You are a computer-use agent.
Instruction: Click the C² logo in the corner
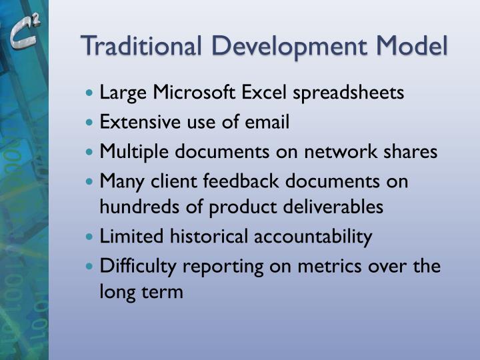pyautogui.click(x=25, y=33)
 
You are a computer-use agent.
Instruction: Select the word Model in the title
pyautogui.click(x=411, y=47)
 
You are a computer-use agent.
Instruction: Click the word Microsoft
pyautogui.click(x=197, y=93)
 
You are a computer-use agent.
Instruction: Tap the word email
pyautogui.click(x=267, y=122)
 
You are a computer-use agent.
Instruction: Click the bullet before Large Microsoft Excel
pyautogui.click(x=91, y=93)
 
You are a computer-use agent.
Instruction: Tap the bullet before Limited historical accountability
pyautogui.click(x=91, y=237)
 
